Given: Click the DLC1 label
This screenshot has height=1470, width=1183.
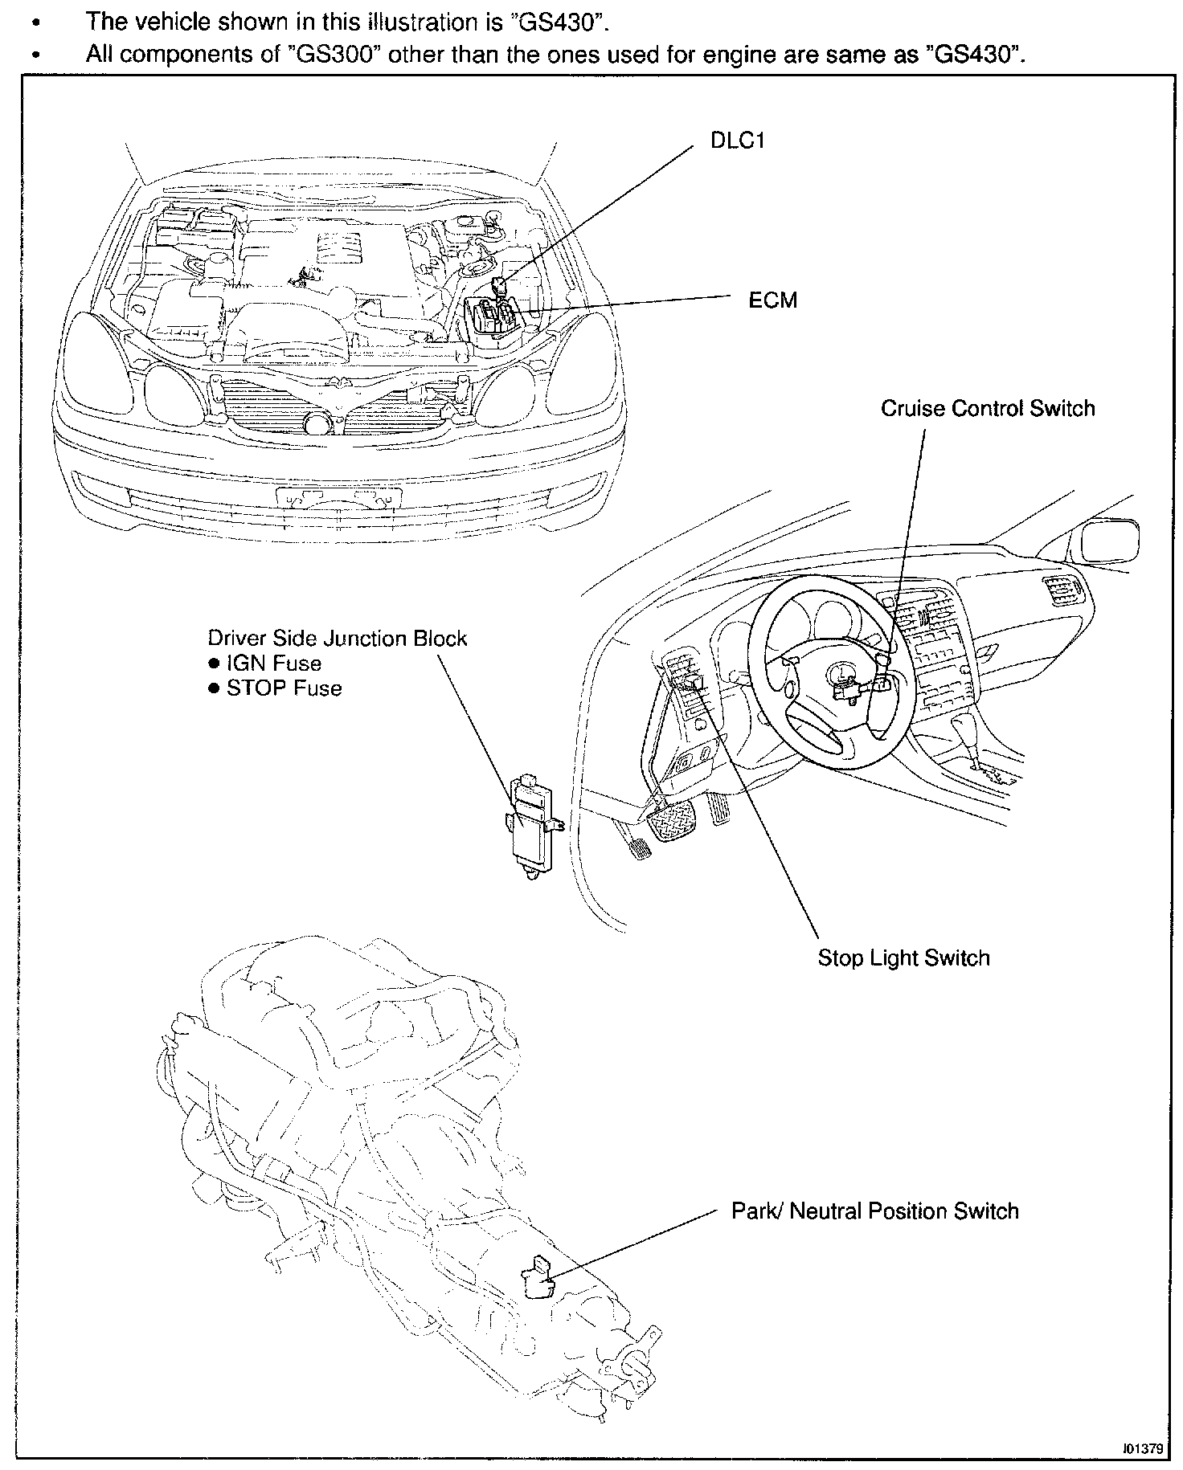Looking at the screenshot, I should [x=738, y=141].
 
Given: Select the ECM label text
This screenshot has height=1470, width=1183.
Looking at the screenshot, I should [x=773, y=300].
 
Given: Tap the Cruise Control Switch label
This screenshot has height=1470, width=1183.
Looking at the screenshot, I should [x=987, y=408].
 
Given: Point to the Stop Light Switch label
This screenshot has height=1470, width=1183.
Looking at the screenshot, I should [x=903, y=958].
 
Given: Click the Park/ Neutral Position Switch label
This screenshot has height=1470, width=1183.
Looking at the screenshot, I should [x=874, y=1211].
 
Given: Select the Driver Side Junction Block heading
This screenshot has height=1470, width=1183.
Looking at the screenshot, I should [x=337, y=639].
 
